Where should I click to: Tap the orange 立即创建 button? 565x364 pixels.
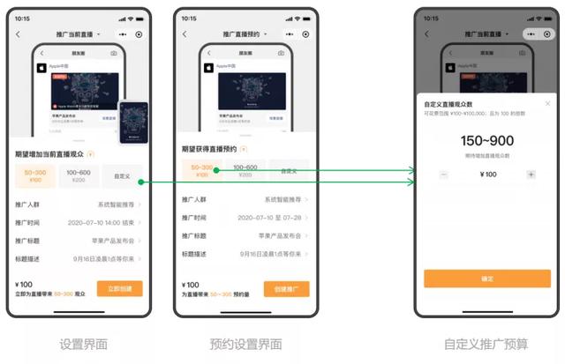tap(119, 288)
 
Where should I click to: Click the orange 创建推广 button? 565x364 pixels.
tap(286, 288)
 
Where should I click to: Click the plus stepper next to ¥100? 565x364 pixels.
tap(531, 175)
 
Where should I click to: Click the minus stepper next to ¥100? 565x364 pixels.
tap(443, 175)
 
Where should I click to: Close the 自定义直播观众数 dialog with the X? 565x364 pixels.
tap(547, 103)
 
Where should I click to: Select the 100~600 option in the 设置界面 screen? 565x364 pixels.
tap(79, 176)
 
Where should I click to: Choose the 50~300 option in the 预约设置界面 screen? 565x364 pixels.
tap(201, 170)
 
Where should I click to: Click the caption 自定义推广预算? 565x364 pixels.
tap(487, 344)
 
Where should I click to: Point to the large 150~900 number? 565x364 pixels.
tap(487, 140)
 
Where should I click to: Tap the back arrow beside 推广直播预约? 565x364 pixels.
tap(185, 34)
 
